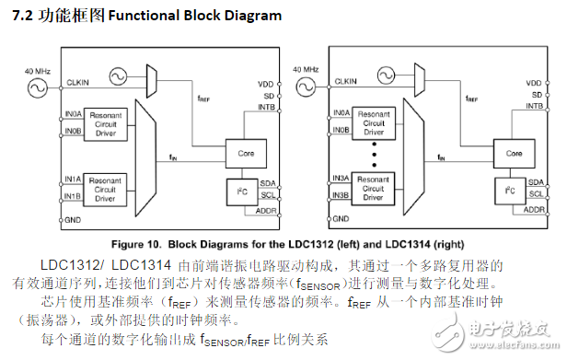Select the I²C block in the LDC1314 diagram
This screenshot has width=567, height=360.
508,192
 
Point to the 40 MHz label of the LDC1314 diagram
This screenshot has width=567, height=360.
305,69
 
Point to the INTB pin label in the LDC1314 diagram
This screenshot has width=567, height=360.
530,106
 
